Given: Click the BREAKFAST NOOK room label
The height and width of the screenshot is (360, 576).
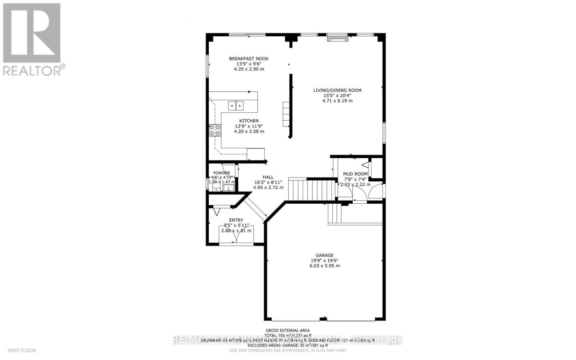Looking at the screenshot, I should tap(249, 59).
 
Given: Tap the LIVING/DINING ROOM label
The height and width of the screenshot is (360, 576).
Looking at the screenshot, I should tap(337, 90).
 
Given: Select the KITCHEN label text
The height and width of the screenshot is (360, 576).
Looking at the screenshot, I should tap(249, 121).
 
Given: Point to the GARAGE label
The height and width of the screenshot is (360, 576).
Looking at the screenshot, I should tap(325, 255).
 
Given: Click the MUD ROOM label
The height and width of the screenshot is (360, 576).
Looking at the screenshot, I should tap(355, 174).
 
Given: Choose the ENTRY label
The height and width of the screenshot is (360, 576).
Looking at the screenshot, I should tap(236, 220).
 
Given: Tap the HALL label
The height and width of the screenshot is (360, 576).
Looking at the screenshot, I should tap(268, 177).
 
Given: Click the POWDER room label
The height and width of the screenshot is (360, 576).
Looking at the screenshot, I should tap(221, 173).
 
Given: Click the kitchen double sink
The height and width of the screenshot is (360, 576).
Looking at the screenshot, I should tap(235, 106).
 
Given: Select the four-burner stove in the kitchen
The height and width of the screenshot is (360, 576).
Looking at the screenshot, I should tap(215, 130).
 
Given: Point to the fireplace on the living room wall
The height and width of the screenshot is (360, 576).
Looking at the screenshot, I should tap(338, 38).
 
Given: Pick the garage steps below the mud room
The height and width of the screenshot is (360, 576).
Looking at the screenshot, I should tap(334, 213).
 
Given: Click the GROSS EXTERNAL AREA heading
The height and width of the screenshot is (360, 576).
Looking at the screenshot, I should tap(288, 330).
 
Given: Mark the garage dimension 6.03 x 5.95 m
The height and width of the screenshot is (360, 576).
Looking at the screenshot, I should tap(325, 266).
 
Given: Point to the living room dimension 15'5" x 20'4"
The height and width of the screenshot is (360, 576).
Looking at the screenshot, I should tap(337, 95).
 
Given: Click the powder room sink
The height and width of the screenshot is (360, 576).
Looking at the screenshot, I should tap(228, 188).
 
